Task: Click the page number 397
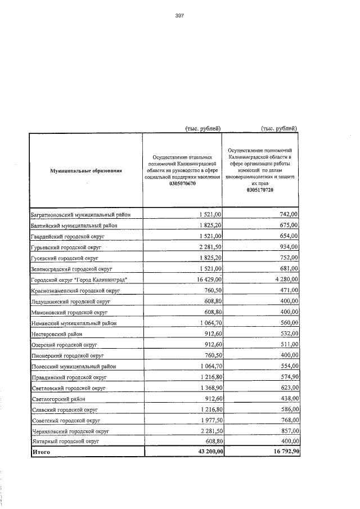[180, 16]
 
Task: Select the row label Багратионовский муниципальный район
[81, 214]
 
